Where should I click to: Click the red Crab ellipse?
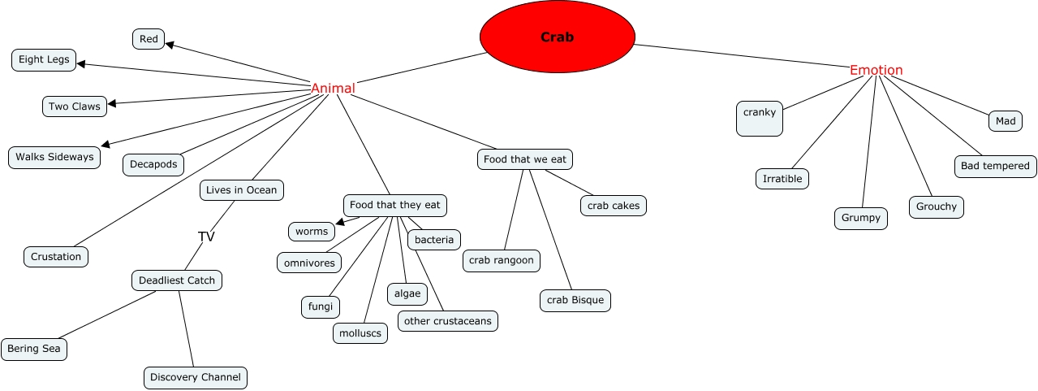tap(557, 37)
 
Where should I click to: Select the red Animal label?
tap(333, 89)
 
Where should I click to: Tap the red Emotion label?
tap(876, 71)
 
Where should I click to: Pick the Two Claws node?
tap(75, 106)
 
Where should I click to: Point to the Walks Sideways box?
tap(54, 157)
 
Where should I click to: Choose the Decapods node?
tap(153, 164)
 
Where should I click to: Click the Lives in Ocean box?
tap(241, 190)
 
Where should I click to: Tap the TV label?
tap(206, 237)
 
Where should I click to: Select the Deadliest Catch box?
tap(177, 280)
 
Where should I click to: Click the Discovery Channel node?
tap(196, 377)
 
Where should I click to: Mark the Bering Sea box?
tap(34, 350)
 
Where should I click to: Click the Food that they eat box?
tap(395, 205)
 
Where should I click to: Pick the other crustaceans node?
tap(447, 321)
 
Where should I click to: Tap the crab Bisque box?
tap(575, 300)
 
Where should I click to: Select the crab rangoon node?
tap(502, 260)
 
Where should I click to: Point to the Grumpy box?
tap(861, 218)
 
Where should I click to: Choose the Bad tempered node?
tap(995, 166)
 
